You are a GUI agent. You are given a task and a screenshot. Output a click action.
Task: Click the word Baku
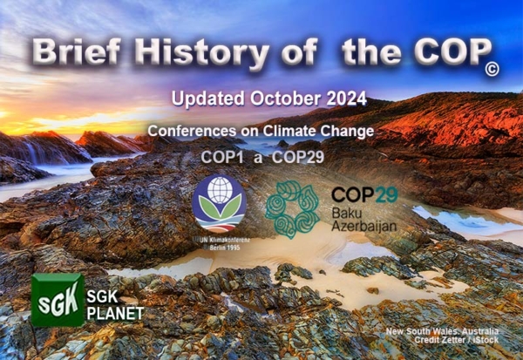(x=349, y=213)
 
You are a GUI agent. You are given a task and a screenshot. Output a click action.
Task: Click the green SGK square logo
(x=58, y=300)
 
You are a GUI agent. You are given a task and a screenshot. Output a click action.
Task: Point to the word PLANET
(x=115, y=313)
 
